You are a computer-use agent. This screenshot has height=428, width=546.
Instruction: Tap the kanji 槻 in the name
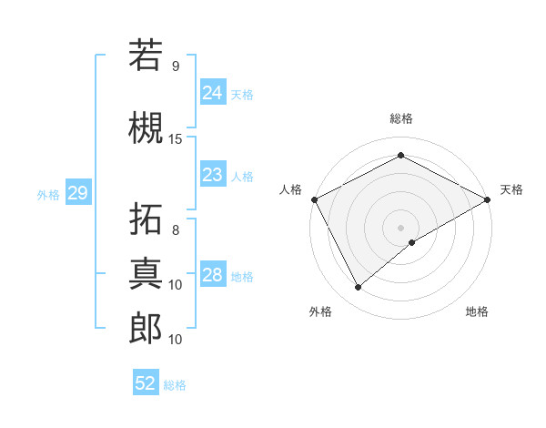[x=146, y=127]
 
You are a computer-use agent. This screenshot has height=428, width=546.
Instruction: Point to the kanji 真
[x=146, y=270]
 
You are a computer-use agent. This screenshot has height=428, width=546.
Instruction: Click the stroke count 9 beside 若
[x=176, y=66]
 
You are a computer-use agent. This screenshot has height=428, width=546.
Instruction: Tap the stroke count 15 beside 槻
[x=176, y=139]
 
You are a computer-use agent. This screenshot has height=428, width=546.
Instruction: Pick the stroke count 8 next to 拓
[x=176, y=229]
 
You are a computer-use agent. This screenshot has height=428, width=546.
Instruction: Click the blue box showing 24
[x=212, y=92]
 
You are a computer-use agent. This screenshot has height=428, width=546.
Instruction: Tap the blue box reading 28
[x=212, y=274]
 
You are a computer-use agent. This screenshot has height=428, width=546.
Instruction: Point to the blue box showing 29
[x=77, y=193]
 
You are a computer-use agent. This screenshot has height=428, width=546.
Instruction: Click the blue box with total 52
[x=146, y=383]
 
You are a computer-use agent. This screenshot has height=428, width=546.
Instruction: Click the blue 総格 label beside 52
[x=175, y=385]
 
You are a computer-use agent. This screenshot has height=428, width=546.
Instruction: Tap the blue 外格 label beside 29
[x=48, y=194]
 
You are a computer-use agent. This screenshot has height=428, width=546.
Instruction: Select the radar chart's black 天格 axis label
[x=511, y=189]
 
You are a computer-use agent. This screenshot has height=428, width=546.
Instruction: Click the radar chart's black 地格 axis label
[x=477, y=311]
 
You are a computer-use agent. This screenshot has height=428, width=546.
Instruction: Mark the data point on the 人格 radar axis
[x=314, y=199]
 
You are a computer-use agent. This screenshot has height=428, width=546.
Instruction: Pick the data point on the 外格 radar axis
[x=358, y=288]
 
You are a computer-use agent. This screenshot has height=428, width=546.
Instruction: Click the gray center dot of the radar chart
[x=400, y=227]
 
